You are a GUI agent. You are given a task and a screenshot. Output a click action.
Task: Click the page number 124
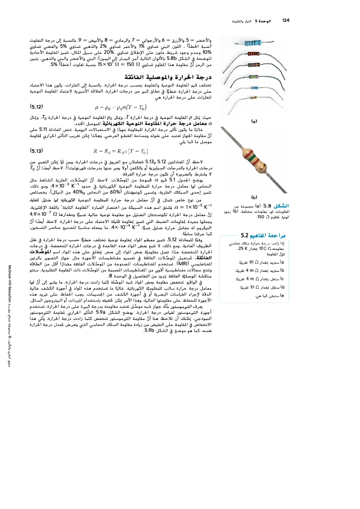coord(286,20)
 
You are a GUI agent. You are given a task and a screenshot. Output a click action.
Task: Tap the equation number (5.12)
coord(36,107)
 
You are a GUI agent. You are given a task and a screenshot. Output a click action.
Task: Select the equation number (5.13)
coord(36,151)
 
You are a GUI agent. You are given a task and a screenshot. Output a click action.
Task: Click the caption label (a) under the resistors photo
coord(254,121)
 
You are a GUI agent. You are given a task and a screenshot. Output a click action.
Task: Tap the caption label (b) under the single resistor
coord(254,197)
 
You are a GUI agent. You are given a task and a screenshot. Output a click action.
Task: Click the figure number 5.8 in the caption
coord(267,206)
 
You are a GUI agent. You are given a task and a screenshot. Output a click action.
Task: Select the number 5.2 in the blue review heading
coord(245,235)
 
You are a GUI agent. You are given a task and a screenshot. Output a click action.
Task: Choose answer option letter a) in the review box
coord(282,262)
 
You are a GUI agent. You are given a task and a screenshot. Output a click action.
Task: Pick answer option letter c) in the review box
coord(282,279)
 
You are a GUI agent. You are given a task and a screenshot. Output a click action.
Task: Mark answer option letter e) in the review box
coord(282,296)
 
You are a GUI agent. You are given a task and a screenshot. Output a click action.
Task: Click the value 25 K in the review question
coord(242,249)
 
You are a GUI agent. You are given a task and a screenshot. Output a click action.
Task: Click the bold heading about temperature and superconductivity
coord(168,77)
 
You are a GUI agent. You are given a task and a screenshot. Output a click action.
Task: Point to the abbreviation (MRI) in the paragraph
coord(182,264)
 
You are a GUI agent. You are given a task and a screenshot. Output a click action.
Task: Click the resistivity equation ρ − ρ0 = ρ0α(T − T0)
coord(120,107)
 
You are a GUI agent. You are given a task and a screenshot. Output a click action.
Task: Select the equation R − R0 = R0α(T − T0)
coord(120,151)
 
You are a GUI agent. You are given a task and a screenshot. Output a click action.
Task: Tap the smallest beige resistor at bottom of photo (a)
coord(253,98)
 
